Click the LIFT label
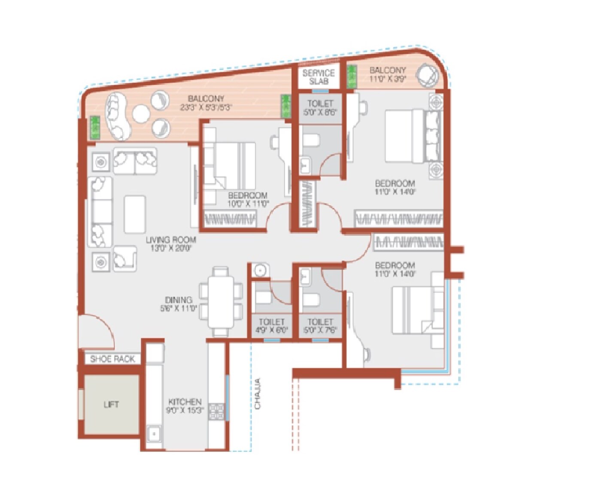pyautogui.click(x=111, y=404)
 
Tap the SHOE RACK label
pyautogui.click(x=112, y=359)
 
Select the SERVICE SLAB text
pyautogui.click(x=319, y=77)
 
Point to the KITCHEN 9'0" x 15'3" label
pyautogui.click(x=185, y=406)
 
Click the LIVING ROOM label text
pyautogui.click(x=171, y=244)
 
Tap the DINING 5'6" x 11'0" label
pyautogui.click(x=179, y=304)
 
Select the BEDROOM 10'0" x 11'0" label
pyautogui.click(x=248, y=200)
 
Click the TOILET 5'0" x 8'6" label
pyautogui.click(x=320, y=107)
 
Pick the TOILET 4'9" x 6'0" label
pyautogui.click(x=271, y=326)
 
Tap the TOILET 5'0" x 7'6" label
pyautogui.click(x=320, y=326)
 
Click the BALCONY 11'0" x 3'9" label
pyautogui.click(x=387, y=74)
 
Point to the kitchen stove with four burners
pyautogui.click(x=216, y=412)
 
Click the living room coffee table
pyautogui.click(x=135, y=214)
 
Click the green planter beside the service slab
pyautogui.click(x=352, y=77)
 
